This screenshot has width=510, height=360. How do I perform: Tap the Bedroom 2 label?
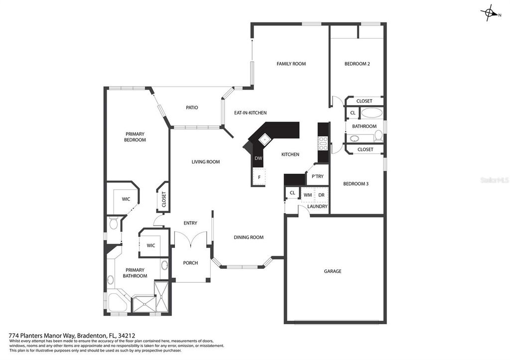pyautogui.click(x=357, y=64)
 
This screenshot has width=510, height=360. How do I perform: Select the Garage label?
pyautogui.click(x=333, y=271)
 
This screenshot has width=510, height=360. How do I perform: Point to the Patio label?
pyautogui.click(x=192, y=108)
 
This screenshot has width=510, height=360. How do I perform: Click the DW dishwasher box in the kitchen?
pyautogui.click(x=258, y=159)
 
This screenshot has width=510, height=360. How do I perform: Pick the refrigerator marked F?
pyautogui.click(x=259, y=177)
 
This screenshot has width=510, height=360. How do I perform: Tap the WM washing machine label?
pyautogui.click(x=308, y=195)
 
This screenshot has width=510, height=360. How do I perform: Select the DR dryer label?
pyautogui.click(x=322, y=195)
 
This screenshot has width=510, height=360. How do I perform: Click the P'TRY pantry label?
pyautogui.click(x=318, y=176)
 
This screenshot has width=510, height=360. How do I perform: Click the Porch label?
pyautogui.click(x=190, y=263)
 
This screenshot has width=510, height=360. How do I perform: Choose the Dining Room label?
pyautogui.click(x=249, y=238)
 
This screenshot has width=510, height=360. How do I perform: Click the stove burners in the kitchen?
pyautogui.click(x=323, y=143)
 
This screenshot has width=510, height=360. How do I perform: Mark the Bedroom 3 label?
pyautogui.click(x=356, y=184)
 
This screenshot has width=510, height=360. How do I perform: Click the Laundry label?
pyautogui.click(x=317, y=206)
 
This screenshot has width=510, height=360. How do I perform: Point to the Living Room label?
pyautogui.click(x=206, y=162)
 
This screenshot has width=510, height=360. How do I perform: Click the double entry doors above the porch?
pyautogui.click(x=191, y=240)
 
